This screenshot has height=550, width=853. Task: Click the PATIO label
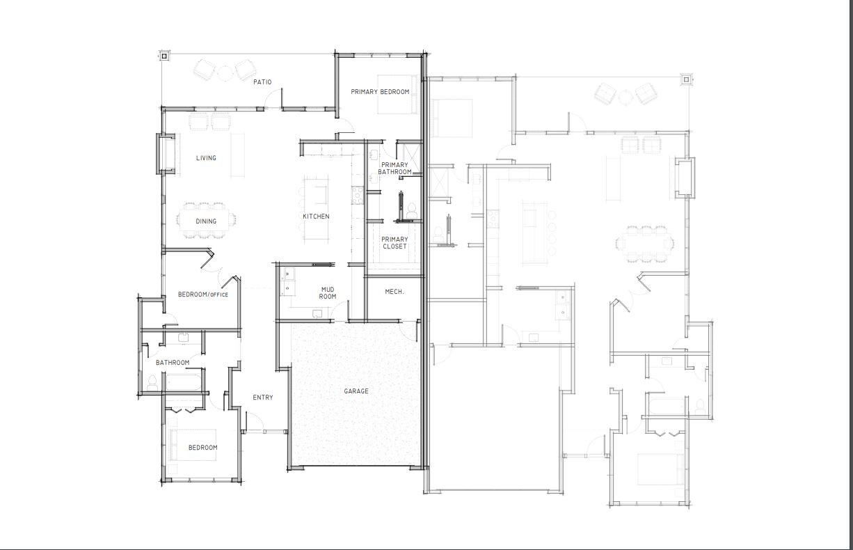[x=262, y=82]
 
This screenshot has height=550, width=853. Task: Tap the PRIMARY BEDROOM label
[x=380, y=92]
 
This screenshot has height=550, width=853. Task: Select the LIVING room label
[x=206, y=158]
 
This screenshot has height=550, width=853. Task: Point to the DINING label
[x=206, y=221]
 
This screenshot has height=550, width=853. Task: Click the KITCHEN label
[x=316, y=217]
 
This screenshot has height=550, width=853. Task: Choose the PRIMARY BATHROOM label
[x=394, y=168]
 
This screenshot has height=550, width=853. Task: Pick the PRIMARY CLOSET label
[x=394, y=243]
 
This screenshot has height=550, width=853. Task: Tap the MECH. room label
[x=394, y=292]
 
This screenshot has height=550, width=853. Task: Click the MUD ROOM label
[x=328, y=293]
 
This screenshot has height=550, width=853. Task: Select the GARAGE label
[x=356, y=391]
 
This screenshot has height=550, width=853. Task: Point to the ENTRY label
[x=263, y=398]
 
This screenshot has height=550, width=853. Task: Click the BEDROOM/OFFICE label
[x=203, y=294]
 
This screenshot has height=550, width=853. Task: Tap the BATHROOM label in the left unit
[x=173, y=363]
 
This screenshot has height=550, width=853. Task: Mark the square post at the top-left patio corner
[x=165, y=55]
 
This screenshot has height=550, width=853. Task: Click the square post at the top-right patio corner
[x=686, y=79]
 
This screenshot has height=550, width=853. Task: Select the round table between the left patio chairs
[x=225, y=71]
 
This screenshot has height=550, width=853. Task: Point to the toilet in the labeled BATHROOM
[x=152, y=382]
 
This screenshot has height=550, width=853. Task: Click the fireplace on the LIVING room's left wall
[x=167, y=153]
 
